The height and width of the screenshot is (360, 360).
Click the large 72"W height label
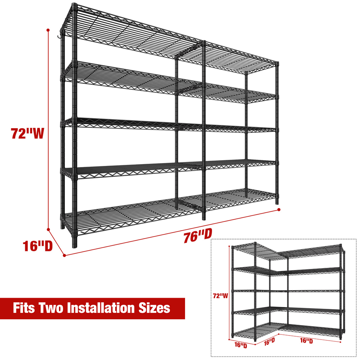[27, 133]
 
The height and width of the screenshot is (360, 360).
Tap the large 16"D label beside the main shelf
[38, 246]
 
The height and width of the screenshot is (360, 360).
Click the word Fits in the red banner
[24, 308]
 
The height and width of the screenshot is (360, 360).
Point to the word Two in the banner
[50, 308]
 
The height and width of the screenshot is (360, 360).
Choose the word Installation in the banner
[100, 308]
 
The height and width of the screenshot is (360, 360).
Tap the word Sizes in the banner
[154, 308]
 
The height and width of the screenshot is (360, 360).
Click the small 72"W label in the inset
[220, 296]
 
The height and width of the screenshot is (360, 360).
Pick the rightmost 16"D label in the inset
[306, 341]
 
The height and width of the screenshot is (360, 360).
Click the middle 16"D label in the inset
[269, 342]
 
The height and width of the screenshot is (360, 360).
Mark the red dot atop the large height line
[48, 30]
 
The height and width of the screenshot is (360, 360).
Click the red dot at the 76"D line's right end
[279, 210]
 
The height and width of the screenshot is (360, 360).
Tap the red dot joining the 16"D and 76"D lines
[64, 255]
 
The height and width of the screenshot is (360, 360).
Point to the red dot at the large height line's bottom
[49, 229]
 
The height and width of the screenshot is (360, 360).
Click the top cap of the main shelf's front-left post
[74, 5]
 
